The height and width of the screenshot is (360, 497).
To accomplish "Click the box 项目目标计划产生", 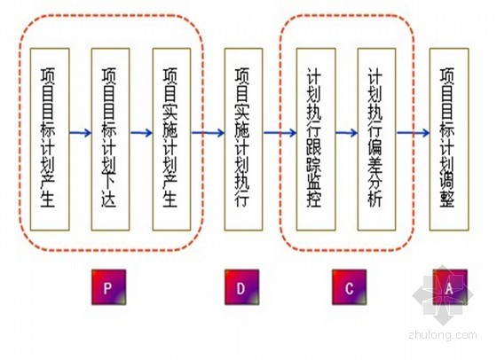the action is click(50, 139).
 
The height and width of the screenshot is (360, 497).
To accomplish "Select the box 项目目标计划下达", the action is click(110, 139).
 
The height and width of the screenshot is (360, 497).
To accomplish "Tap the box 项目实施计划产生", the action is click(171, 139).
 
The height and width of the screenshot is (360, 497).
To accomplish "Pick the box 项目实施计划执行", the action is click(243, 139).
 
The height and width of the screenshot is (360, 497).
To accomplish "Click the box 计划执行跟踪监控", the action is click(316, 139).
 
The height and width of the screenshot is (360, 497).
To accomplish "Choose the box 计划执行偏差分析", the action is click(376, 139).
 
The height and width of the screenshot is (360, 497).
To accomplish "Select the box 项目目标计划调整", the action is click(449, 139).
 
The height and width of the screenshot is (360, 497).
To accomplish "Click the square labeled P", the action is click(108, 287).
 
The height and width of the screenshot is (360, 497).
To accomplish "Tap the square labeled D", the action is click(241, 287).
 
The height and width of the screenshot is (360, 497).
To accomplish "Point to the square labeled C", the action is click(350, 287).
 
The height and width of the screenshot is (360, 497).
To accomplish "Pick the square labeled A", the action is click(450, 287).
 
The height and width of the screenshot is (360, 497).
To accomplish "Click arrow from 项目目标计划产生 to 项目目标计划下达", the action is click(81, 133).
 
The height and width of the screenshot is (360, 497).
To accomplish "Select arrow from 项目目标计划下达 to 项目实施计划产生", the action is click(141, 133).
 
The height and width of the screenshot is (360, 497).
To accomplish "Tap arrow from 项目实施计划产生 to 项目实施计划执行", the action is click(208, 133).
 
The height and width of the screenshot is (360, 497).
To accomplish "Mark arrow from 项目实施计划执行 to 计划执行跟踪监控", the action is click(280, 133).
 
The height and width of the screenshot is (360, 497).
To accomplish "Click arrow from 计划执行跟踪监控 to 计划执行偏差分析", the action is click(347, 133).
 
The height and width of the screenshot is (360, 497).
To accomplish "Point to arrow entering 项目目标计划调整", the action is click(413, 133).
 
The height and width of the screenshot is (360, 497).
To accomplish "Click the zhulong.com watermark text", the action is click(443, 334).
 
